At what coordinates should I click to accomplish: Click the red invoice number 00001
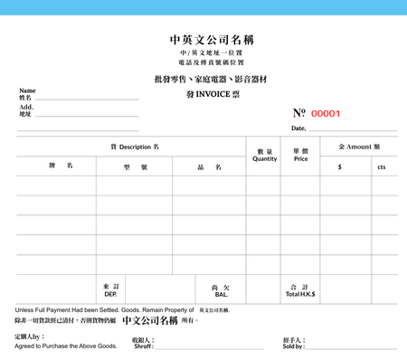coord(326,113)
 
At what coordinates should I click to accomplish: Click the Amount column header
coord(359,146)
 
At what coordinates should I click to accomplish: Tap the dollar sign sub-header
coord(339,166)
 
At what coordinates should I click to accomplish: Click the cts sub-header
coord(382,166)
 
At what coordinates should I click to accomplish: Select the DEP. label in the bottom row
coord(110,294)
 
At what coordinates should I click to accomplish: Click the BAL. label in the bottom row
coord(221,294)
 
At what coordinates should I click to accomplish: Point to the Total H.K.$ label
coord(300,294)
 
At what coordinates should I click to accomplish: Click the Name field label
coord(27,90)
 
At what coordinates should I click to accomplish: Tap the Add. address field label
coord(26,107)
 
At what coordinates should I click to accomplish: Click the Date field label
coord(298,128)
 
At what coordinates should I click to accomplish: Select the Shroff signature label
coord(143,346)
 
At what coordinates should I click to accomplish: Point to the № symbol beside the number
coord(299,113)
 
